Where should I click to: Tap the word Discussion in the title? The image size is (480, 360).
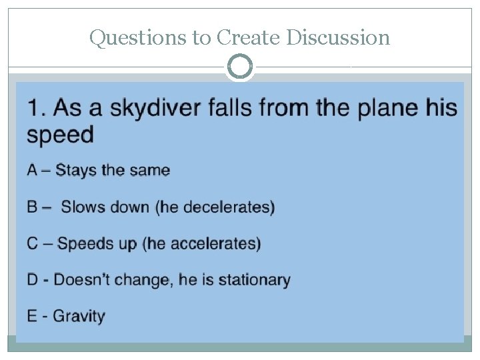[338, 38]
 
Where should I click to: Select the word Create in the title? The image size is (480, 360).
[247, 38]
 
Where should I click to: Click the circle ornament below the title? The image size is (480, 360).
[240, 67]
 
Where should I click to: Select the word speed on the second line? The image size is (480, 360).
[60, 135]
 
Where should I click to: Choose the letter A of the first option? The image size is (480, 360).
[32, 170]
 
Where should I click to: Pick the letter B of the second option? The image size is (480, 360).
[32, 207]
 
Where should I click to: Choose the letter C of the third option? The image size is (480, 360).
[33, 243]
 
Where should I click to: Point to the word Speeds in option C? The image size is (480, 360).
[79, 243]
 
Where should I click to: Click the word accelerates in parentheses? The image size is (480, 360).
[215, 243]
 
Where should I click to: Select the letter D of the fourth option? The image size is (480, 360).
[32, 279]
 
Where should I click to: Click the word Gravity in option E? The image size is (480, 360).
[79, 315]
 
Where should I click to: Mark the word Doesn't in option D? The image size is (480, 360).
[82, 279]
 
